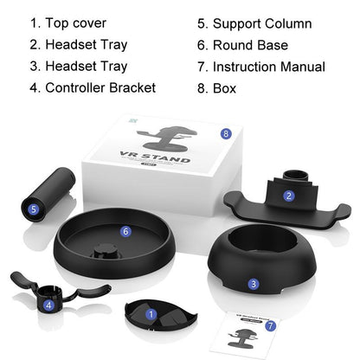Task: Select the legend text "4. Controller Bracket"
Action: coord(93,87)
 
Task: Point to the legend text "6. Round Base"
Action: coord(238,45)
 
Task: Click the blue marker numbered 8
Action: coord(226,133)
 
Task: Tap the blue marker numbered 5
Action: coord(34,209)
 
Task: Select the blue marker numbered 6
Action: coord(125,231)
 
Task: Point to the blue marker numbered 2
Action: coord(288,196)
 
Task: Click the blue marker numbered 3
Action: coord(253,283)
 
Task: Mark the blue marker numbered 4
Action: coord(49,304)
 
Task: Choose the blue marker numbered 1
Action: coord(151,315)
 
